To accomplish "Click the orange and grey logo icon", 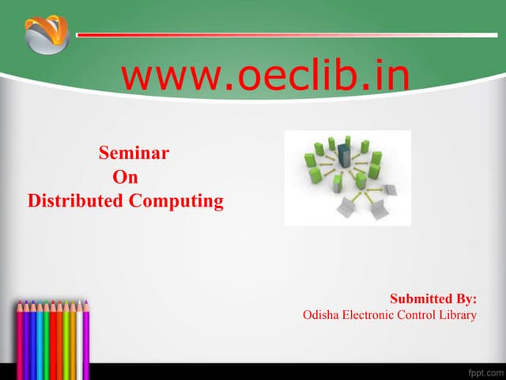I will pyautogui.click(x=47, y=35).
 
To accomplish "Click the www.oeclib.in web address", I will pyautogui.click(x=266, y=76).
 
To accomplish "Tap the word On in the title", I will pyautogui.click(x=126, y=177).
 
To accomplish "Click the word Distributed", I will pyautogui.click(x=76, y=201).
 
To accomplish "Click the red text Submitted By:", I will pyautogui.click(x=433, y=298).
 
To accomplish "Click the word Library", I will pyautogui.click(x=458, y=315).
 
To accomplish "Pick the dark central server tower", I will pyautogui.click(x=343, y=156).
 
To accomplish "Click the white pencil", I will pyautogui.click(x=79, y=332).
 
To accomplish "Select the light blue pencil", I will pyautogui.click(x=40, y=332).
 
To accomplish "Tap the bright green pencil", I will pyautogui.click(x=47, y=332).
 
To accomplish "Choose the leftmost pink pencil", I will pyautogui.click(x=20, y=332).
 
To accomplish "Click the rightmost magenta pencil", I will pyautogui.click(x=86, y=332).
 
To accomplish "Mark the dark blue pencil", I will pyautogui.click(x=33, y=332).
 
